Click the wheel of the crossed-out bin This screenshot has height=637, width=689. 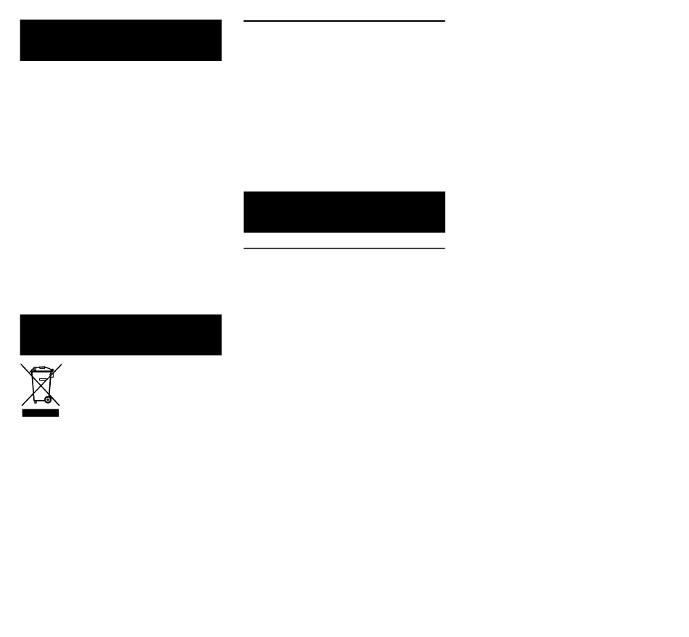(x=48, y=399)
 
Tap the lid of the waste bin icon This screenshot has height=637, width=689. (x=41, y=371)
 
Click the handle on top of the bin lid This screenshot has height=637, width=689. (x=41, y=367)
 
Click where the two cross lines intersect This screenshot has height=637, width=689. (x=41, y=384)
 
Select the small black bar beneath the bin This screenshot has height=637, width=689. (x=41, y=413)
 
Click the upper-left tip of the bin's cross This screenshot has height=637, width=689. (x=21, y=364)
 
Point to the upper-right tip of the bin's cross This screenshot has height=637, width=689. (x=61, y=364)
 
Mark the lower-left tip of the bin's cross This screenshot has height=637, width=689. (x=21, y=405)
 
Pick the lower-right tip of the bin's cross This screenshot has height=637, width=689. (x=59, y=405)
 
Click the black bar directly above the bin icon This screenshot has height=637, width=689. (x=120, y=335)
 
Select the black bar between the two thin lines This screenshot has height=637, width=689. (x=344, y=212)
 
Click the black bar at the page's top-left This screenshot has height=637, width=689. (x=120, y=40)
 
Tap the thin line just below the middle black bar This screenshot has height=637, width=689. (x=344, y=249)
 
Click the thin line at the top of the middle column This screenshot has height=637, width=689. (x=344, y=21)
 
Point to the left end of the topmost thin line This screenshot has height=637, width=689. (x=244, y=21)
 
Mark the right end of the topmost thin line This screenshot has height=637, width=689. (x=444, y=21)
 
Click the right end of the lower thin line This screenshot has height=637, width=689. (x=444, y=249)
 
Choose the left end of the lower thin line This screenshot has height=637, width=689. (x=244, y=249)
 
